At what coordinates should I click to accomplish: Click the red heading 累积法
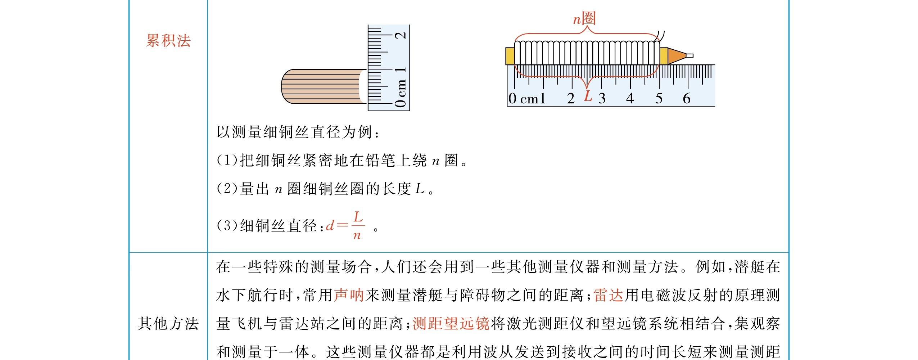(x=168, y=41)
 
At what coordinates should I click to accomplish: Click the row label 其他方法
(x=168, y=324)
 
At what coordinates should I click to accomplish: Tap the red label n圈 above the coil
(x=584, y=18)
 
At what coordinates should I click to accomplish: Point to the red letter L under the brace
(x=588, y=96)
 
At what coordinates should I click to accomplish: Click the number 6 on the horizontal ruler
(x=687, y=98)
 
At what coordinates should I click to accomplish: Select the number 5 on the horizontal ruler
(x=659, y=98)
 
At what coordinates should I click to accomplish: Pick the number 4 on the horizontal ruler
(x=630, y=98)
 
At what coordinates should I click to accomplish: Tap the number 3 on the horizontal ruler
(x=602, y=98)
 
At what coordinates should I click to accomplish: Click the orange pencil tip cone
(x=676, y=56)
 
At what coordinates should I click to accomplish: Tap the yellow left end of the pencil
(x=510, y=56)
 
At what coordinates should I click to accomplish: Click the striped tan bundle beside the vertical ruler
(x=320, y=87)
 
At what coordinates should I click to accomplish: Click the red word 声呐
(x=349, y=295)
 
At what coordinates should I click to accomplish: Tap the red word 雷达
(x=609, y=295)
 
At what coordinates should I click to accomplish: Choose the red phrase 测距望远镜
(x=451, y=324)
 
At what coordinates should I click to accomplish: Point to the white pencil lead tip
(x=689, y=55)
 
